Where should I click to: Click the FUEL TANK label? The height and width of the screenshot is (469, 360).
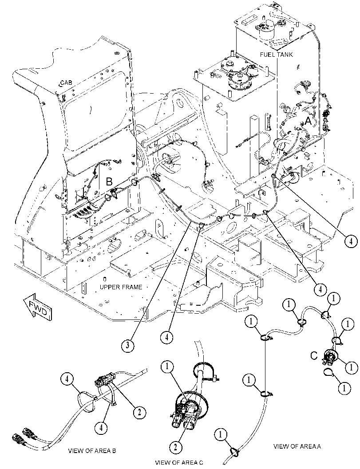click(x=276, y=55)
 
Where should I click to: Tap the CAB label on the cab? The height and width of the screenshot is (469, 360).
click(x=66, y=82)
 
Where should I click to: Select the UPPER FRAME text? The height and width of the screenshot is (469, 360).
click(x=121, y=287)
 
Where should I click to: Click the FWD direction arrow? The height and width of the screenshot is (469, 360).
click(x=37, y=306)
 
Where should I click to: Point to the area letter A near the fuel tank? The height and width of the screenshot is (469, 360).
click(x=308, y=122)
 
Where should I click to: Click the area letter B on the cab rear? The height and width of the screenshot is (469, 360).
click(x=109, y=181)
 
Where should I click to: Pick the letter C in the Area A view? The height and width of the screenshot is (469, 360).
click(x=314, y=356)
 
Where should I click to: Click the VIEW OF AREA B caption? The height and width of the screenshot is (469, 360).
click(x=92, y=451)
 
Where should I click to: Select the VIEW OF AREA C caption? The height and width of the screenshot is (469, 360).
click(x=179, y=463)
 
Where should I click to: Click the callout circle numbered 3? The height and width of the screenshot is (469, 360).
click(x=127, y=346)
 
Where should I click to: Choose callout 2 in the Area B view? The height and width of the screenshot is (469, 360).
click(x=139, y=413)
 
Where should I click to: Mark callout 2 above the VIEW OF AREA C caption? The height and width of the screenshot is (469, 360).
click(x=176, y=447)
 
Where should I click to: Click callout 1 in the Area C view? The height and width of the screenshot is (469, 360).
click(x=167, y=366)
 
